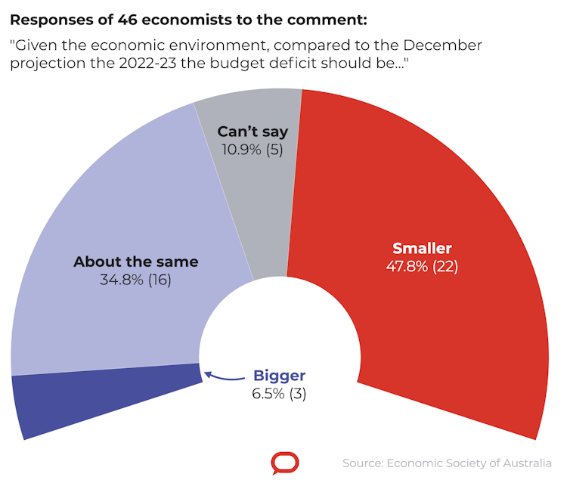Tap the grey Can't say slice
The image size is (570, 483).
click(x=249, y=189)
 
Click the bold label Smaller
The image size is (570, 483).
click(x=422, y=248)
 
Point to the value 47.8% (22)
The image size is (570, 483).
click(x=422, y=266)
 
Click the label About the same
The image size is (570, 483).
click(x=135, y=262)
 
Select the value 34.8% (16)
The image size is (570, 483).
click(x=135, y=280)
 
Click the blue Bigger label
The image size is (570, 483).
click(x=279, y=376)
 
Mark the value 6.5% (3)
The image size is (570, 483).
click(x=279, y=393)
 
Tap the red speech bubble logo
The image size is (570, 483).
click(x=285, y=463)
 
